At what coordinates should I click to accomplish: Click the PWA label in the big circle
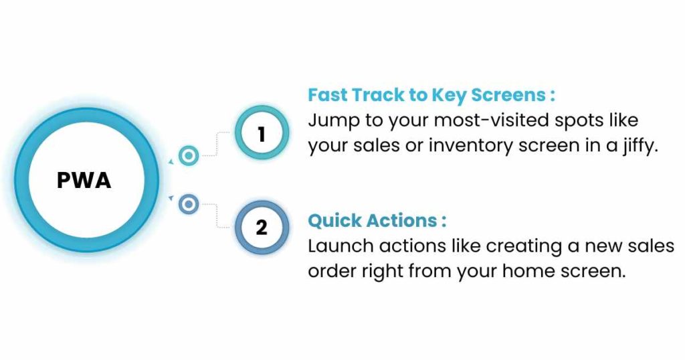tap(84, 180)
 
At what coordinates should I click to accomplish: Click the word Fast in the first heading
tap(327, 95)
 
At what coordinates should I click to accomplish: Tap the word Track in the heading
tap(378, 95)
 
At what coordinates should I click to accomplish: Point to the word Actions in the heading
tap(401, 221)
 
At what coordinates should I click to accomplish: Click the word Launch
tap(340, 246)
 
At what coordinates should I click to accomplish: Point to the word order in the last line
tap(332, 271)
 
